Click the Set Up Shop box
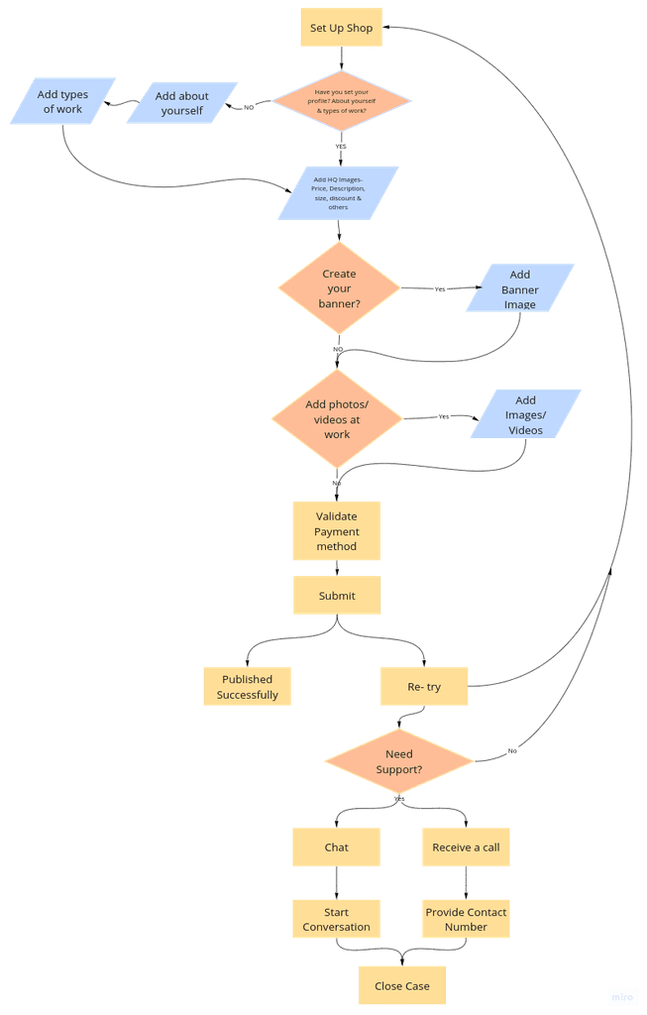point(341,28)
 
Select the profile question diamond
point(341,100)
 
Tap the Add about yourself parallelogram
point(181,103)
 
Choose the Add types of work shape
point(63,101)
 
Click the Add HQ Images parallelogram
point(339,192)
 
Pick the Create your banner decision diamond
point(339,288)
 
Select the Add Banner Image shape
point(520,288)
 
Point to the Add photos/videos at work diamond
point(337,419)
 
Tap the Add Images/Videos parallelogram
point(525,414)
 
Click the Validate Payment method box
point(336,531)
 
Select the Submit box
point(337,596)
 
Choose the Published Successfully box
point(248,686)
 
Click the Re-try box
point(424,686)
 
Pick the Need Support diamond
point(399,761)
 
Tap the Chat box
point(336,847)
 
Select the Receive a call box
point(466,847)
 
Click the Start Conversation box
point(336,919)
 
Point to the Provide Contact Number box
point(466,919)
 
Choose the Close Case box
point(401,986)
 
